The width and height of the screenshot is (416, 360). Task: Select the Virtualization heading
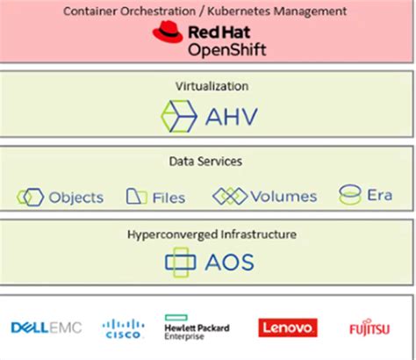[208, 87]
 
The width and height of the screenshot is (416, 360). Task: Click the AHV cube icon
[179, 115]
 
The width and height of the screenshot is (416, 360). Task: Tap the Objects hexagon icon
[30, 197]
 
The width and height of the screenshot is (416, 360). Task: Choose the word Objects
[76, 198]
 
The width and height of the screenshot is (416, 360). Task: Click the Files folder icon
[136, 197]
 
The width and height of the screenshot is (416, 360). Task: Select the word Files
[169, 198]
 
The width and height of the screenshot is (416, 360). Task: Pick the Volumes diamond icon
[229, 196]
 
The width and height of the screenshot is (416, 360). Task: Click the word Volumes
[283, 197]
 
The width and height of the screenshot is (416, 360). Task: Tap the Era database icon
[351, 195]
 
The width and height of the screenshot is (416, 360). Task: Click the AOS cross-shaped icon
[181, 263]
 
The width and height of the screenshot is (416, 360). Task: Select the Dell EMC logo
[46, 328]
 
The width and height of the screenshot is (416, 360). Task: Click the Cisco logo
[123, 328]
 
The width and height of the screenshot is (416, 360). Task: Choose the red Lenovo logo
[287, 328]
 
